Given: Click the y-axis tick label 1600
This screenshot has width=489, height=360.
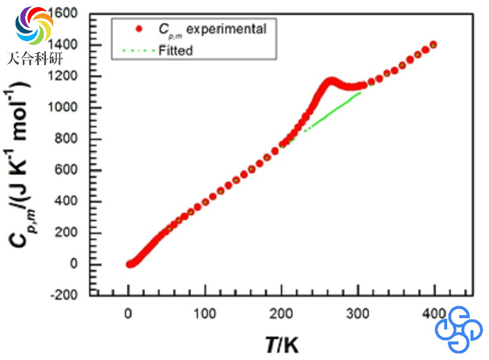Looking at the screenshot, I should click(72, 14).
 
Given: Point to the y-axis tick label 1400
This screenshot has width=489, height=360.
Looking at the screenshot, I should click(72, 45).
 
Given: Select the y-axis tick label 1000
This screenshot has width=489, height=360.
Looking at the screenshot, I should click(72, 108).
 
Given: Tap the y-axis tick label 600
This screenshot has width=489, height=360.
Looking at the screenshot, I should click(75, 170).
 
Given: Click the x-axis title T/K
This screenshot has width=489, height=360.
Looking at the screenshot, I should click(282, 344).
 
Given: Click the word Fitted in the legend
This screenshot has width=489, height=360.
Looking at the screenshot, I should click(176, 50).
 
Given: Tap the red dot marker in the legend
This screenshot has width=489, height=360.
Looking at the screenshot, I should click(139, 28).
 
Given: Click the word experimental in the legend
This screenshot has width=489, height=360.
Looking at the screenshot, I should click(228, 28).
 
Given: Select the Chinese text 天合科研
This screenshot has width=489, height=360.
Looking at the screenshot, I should click(35, 58).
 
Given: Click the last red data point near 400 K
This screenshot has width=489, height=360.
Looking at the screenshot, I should click(433, 45).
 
